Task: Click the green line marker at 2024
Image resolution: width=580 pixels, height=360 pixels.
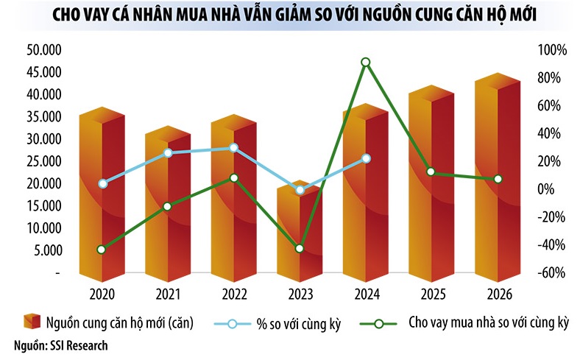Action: [365, 63]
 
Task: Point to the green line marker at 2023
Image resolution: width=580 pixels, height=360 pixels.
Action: [299, 249]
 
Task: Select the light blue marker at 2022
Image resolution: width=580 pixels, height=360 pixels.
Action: [233, 148]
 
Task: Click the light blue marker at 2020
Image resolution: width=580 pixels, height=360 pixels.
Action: [102, 183]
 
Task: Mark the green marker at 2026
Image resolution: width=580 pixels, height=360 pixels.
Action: [498, 179]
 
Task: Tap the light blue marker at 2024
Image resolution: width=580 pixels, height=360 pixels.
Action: [366, 158]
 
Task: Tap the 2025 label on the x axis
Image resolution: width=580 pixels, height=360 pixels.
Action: [431, 294]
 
